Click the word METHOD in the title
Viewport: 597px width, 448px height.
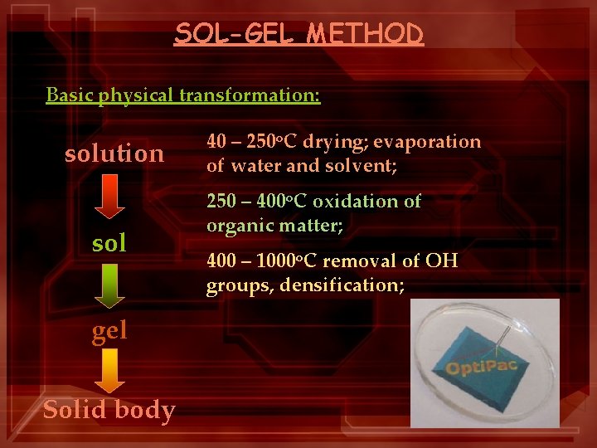[366, 33]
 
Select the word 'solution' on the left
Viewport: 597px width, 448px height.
[114, 153]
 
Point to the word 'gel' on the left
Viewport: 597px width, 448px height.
[109, 331]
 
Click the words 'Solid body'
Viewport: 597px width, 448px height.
[109, 410]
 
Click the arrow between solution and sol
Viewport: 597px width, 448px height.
[109, 198]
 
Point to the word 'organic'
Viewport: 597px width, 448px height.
[235, 225]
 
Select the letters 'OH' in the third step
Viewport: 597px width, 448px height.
[443, 262]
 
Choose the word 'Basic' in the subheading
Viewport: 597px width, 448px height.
[70, 95]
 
